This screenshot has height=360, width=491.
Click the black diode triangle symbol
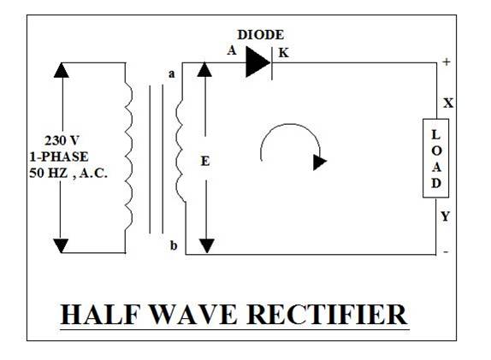point(258,62)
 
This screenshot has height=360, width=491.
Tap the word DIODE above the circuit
point(261,35)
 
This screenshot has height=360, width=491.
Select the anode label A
point(232,50)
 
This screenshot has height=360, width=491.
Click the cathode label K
point(283,53)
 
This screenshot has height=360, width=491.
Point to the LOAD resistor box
point(435,158)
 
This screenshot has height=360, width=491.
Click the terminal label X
point(448,103)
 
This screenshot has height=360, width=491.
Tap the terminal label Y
point(446,216)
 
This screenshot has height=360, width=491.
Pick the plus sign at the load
point(447,62)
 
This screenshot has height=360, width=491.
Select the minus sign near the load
point(446,251)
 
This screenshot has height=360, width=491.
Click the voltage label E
point(205,162)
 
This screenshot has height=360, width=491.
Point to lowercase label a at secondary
point(172,74)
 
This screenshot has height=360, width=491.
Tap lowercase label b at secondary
point(174,245)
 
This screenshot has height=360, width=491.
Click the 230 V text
point(62,140)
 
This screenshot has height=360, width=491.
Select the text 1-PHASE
point(59,156)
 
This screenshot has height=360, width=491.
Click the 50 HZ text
point(48,173)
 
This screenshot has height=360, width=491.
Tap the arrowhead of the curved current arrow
point(320,162)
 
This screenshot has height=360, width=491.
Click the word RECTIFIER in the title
point(327,315)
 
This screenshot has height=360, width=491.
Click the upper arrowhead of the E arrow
point(204,69)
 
